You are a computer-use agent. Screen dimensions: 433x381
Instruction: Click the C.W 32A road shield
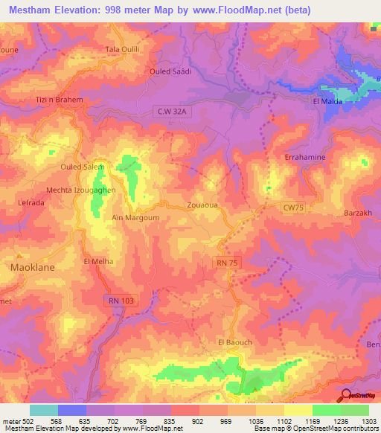[170, 111]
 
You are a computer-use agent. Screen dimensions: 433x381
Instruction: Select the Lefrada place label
[31, 202]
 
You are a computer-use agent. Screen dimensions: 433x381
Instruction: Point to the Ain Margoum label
[135, 217]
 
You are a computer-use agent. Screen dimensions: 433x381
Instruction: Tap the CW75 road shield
[294, 209]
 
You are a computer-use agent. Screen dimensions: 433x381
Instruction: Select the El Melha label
[97, 262]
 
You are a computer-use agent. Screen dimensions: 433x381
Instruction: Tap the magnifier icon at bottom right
[345, 395]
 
